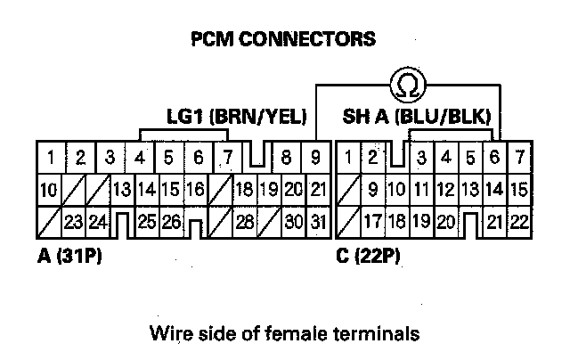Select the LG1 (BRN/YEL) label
coord(237,117)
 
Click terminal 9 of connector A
coord(314,160)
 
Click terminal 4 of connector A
coord(141,160)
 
